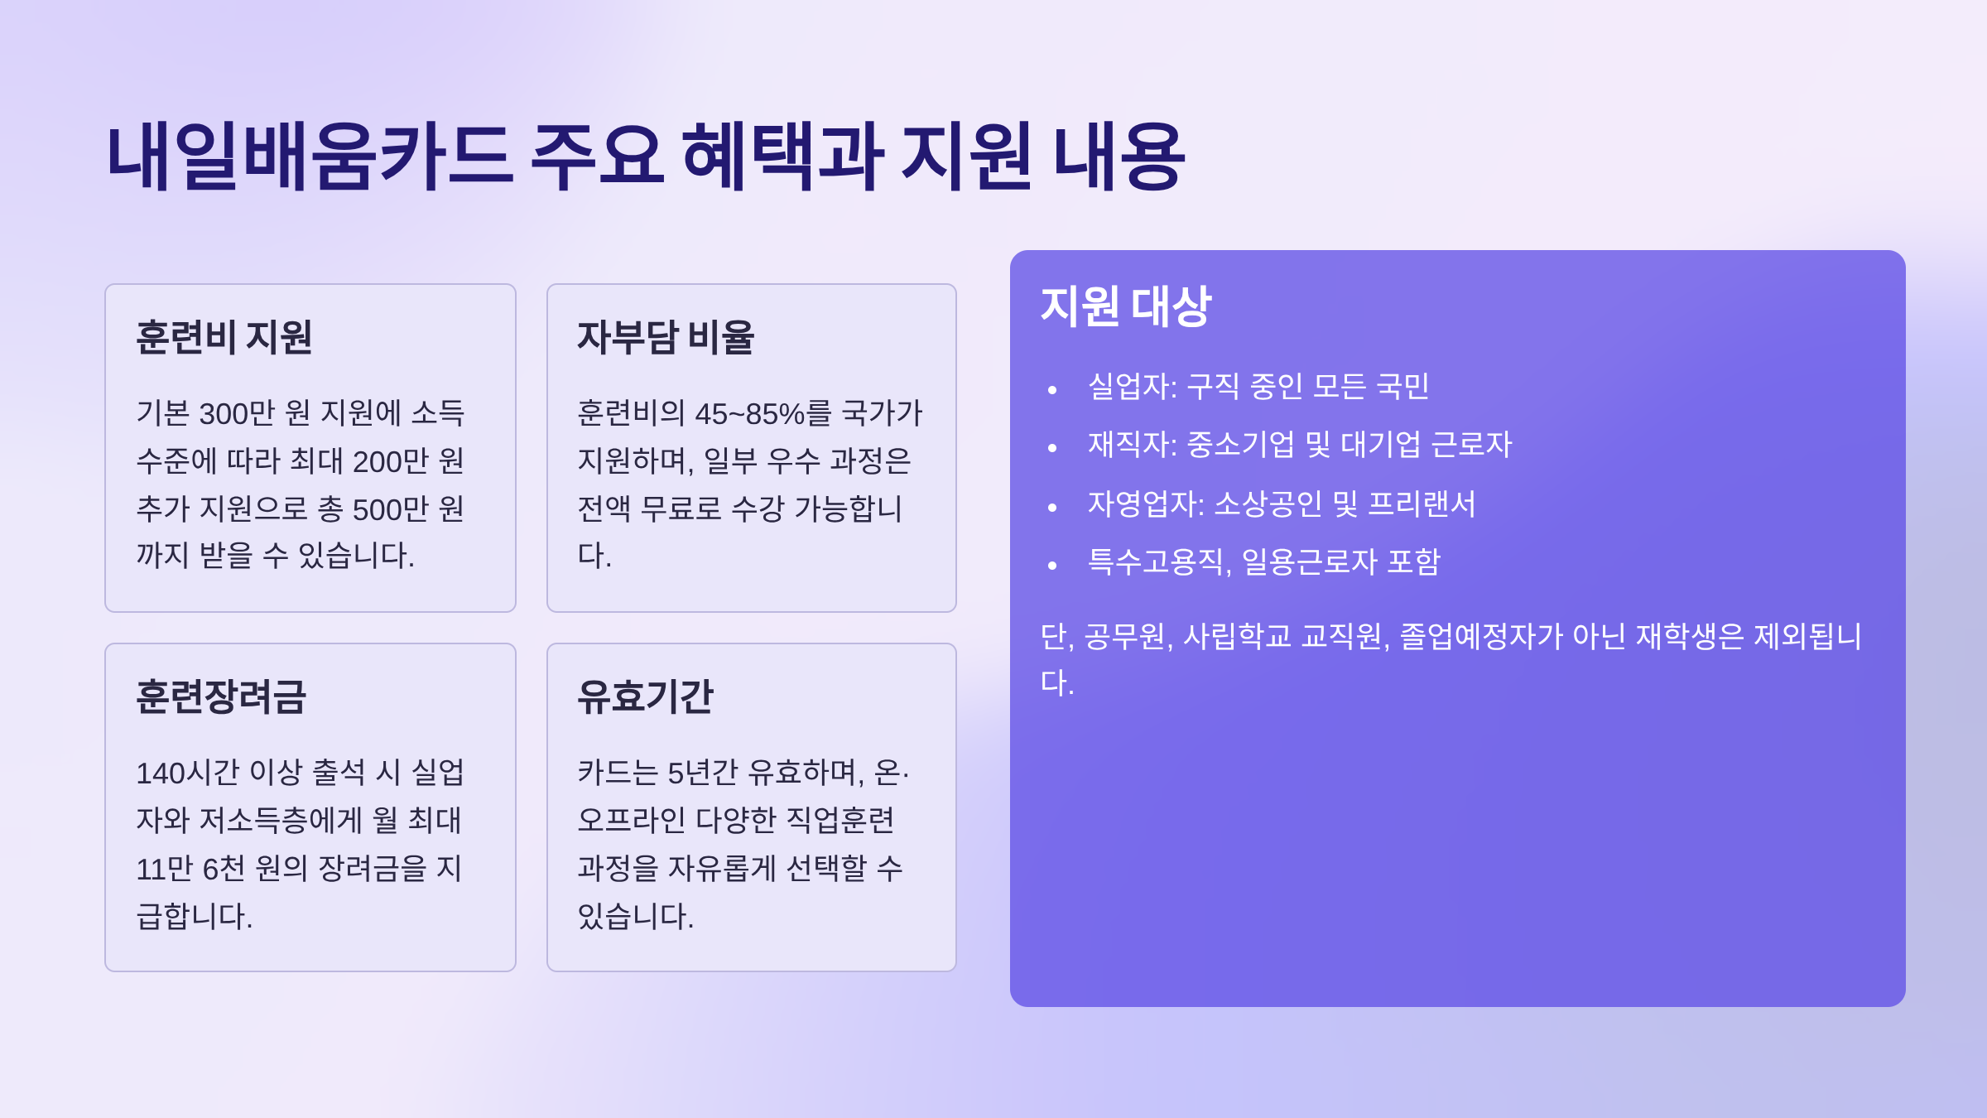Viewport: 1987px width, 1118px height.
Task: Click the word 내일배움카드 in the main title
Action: [310, 156]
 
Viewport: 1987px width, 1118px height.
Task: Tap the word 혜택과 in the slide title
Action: [783, 156]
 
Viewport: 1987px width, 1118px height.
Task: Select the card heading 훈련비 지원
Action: [224, 337]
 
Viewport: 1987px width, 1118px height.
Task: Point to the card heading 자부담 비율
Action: [666, 337]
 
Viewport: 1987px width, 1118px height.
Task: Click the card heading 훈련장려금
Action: [221, 696]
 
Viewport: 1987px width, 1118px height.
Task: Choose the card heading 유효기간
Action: [645, 696]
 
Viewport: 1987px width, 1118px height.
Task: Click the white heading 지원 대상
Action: [1126, 306]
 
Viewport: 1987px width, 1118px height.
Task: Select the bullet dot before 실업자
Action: [1052, 389]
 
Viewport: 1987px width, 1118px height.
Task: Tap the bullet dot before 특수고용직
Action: [1052, 566]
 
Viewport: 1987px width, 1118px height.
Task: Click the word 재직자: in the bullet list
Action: [1132, 445]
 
